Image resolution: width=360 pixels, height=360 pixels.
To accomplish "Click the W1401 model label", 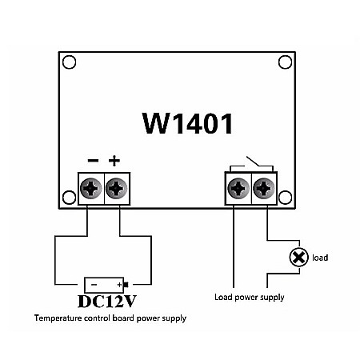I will tap(188, 124).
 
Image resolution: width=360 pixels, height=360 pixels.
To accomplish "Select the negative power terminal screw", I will tap(90, 190).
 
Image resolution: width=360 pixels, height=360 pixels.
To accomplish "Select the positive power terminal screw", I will tap(117, 190).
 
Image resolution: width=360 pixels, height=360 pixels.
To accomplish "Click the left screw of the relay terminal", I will tap(238, 190).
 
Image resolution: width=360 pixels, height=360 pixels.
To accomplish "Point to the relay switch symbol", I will tap(251, 163).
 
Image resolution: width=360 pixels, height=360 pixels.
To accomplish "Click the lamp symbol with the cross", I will tap(298, 258).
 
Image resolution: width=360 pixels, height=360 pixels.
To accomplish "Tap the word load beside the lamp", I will tap(320, 258).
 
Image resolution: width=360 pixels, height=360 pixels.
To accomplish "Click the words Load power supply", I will tap(249, 298).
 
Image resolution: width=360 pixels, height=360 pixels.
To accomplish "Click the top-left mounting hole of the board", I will tap(70, 62).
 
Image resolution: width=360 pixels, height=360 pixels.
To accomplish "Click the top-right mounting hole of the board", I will tap(285, 62).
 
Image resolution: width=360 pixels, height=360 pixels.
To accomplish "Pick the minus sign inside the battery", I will tap(94, 284).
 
